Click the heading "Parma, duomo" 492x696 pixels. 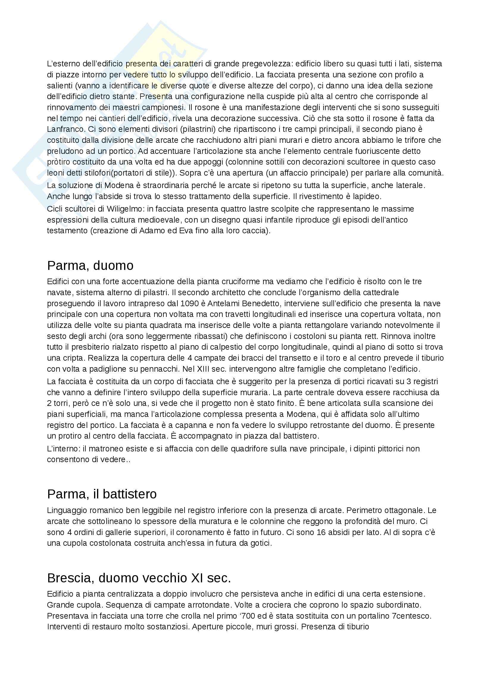tap(90, 265)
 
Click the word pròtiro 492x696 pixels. tap(57, 162)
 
